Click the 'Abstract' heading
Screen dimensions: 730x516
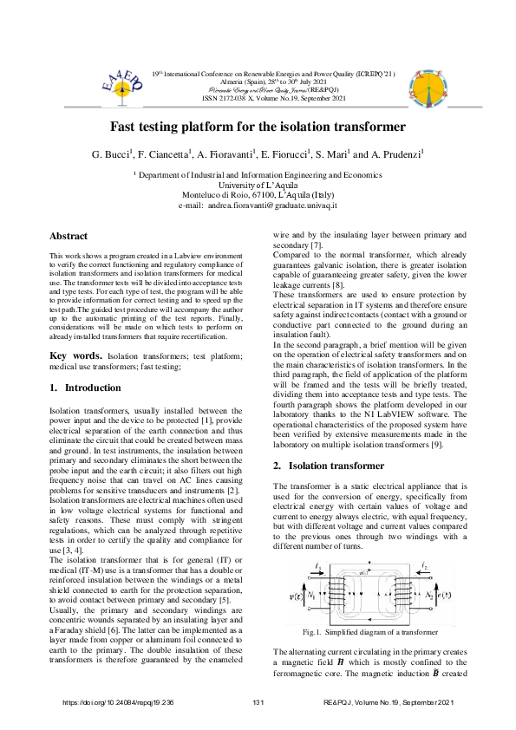click(x=69, y=236)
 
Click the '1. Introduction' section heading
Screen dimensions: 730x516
click(x=85, y=388)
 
